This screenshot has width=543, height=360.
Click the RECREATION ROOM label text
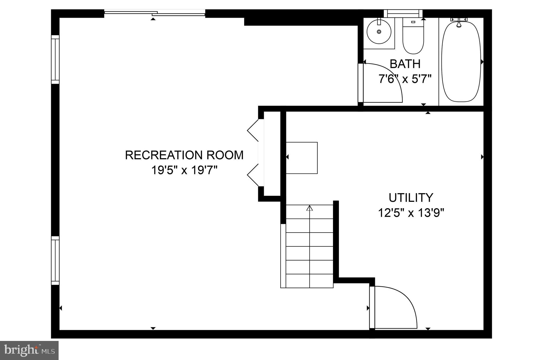tap(184, 155)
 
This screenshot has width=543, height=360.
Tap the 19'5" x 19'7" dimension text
tap(184, 170)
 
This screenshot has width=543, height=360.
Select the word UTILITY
tap(411, 198)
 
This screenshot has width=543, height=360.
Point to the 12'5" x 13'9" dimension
tap(411, 213)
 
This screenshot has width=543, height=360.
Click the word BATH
tap(405, 64)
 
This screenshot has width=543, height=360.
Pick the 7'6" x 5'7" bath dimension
tap(405, 79)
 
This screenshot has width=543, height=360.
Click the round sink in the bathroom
tap(379, 32)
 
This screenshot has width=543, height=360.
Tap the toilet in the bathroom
tap(413, 37)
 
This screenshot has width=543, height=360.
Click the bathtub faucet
tap(459, 24)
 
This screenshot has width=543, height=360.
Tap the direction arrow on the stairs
tap(309, 208)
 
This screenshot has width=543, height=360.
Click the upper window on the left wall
tap(55, 59)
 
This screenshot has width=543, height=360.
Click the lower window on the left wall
tap(55, 260)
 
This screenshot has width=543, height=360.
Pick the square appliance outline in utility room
tap(302, 158)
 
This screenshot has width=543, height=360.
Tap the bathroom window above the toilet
tap(403, 13)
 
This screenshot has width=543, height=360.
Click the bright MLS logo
tap(29, 350)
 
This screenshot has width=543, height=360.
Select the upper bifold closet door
tap(253, 130)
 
